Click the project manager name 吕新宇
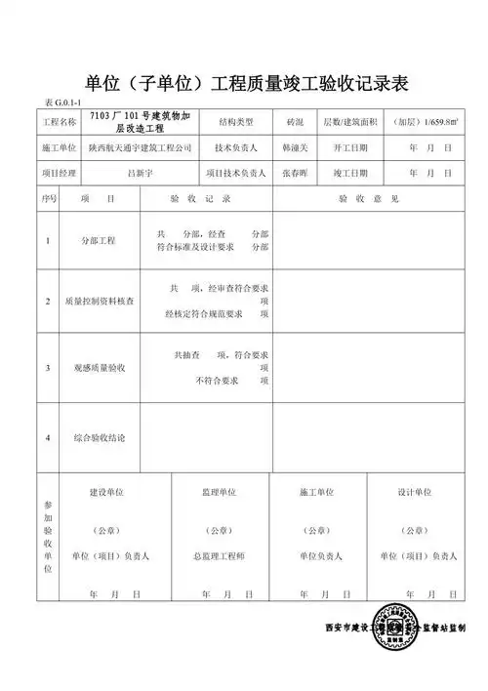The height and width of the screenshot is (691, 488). point(144,173)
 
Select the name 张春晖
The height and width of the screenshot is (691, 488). point(295,173)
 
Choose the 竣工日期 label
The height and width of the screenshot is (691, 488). point(350,173)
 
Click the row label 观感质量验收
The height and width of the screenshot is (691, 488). point(101,368)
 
